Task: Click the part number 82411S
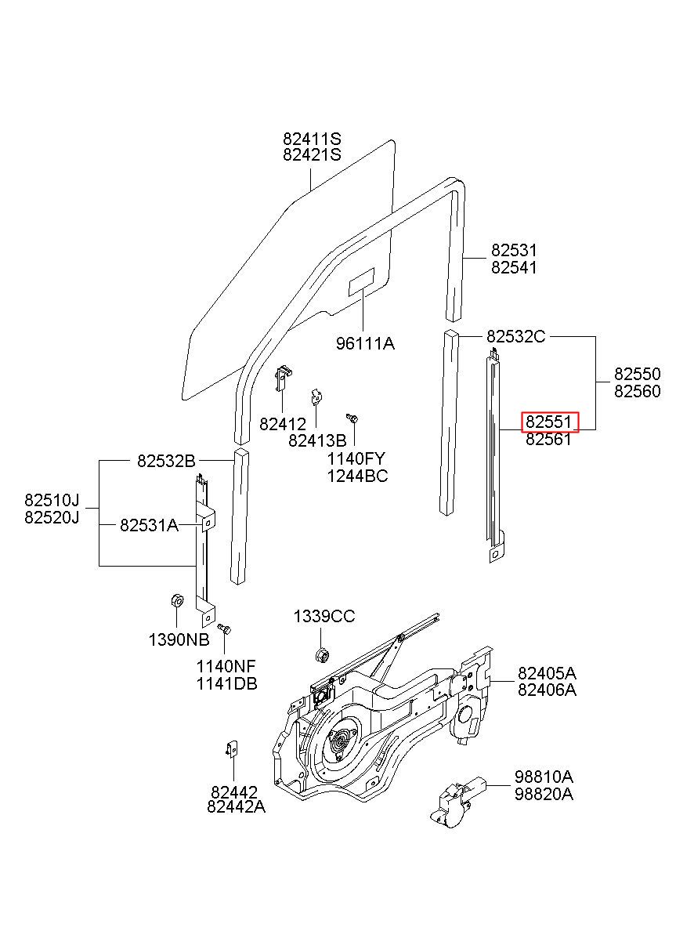312,139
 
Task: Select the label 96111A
365,343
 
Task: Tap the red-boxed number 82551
549,422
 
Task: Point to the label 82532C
515,336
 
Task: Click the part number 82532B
166,461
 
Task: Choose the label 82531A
149,525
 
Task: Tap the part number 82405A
547,673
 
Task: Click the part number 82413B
317,441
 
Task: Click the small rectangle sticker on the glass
361,282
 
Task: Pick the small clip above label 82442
232,748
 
